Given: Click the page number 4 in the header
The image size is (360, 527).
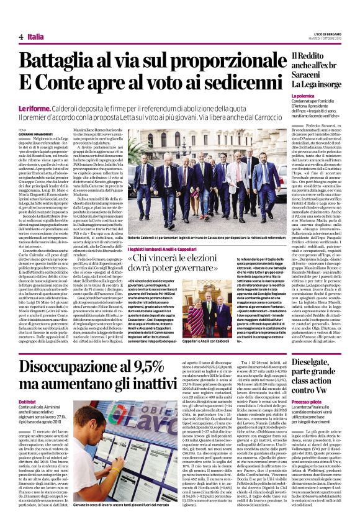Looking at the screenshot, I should click(x=21, y=37).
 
